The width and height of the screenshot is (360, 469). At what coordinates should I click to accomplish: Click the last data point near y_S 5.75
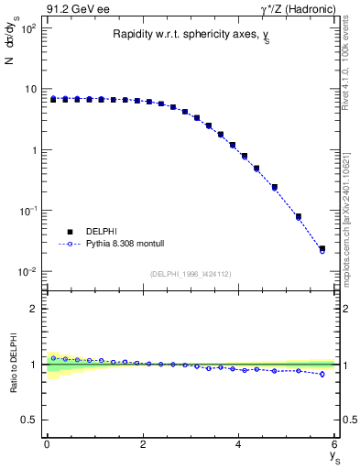(x=322, y=248)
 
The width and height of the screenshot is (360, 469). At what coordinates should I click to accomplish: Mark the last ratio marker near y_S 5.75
(x=322, y=374)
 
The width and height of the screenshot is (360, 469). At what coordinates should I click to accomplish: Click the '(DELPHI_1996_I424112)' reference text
(x=191, y=274)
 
